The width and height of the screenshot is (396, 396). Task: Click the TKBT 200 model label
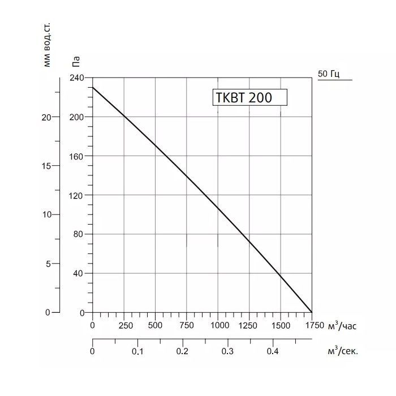click(243, 97)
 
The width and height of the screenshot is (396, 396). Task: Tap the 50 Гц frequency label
click(329, 74)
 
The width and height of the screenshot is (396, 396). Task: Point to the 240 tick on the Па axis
click(76, 78)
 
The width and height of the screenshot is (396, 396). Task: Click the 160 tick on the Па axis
click(76, 156)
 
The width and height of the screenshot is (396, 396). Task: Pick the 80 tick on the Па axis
click(79, 234)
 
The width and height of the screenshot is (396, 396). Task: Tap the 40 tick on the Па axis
click(79, 273)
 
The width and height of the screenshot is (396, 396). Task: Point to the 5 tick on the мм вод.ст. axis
click(49, 264)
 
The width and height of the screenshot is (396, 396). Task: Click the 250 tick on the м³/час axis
click(125, 326)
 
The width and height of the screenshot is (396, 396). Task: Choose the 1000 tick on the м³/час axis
click(219, 326)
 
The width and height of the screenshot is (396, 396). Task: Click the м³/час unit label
click(342, 325)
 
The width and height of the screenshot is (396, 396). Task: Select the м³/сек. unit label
click(343, 351)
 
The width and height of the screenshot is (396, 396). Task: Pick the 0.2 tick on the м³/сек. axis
click(182, 351)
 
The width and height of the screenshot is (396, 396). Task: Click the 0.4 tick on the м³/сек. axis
click(273, 351)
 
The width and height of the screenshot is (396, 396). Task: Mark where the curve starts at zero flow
click(93, 87)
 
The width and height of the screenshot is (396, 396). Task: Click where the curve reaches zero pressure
click(312, 312)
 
